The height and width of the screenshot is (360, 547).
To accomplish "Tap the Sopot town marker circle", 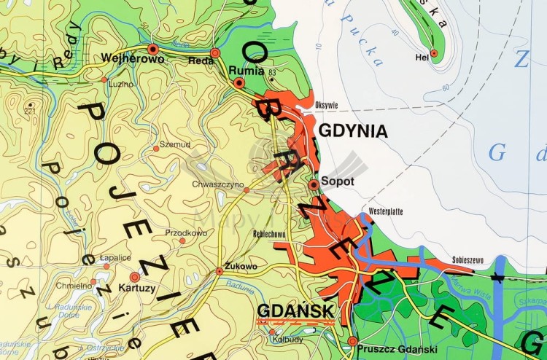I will pos(314,185).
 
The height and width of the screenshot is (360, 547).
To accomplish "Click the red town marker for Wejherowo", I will pos(152,49).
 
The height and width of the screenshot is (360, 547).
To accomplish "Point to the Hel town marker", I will pos(434,52).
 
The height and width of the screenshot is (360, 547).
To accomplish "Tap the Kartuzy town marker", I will pos(134,277).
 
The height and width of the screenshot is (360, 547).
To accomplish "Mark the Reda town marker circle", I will pos(215,52).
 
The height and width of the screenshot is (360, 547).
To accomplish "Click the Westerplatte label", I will pos(386,211).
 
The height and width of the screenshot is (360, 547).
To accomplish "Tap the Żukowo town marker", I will pos(220,271).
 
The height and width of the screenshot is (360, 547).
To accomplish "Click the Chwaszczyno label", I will pos(217,185).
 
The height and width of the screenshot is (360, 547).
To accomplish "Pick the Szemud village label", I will pos(174,144).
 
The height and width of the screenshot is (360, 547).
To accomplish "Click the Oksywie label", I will pos(326,106).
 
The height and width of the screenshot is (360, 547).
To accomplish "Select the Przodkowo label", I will pos(186,233).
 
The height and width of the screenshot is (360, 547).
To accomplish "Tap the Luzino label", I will pos(121,84).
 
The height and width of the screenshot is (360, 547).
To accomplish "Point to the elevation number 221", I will pos(29,111).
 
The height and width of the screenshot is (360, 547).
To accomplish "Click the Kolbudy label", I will pos(287,340).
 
